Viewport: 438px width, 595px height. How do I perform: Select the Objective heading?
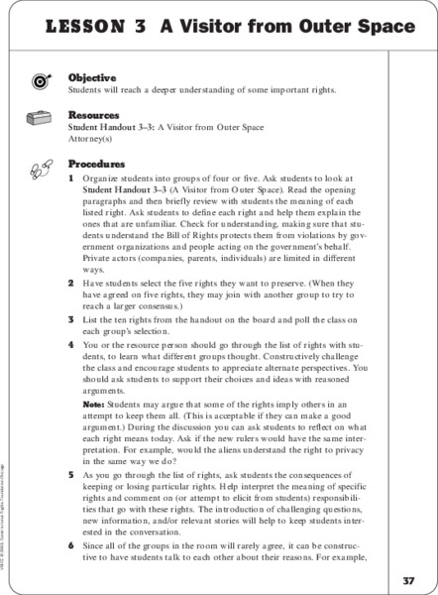point(91,77)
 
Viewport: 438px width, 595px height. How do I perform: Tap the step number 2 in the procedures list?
point(71,283)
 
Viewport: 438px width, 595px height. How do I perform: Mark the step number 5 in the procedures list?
point(71,475)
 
